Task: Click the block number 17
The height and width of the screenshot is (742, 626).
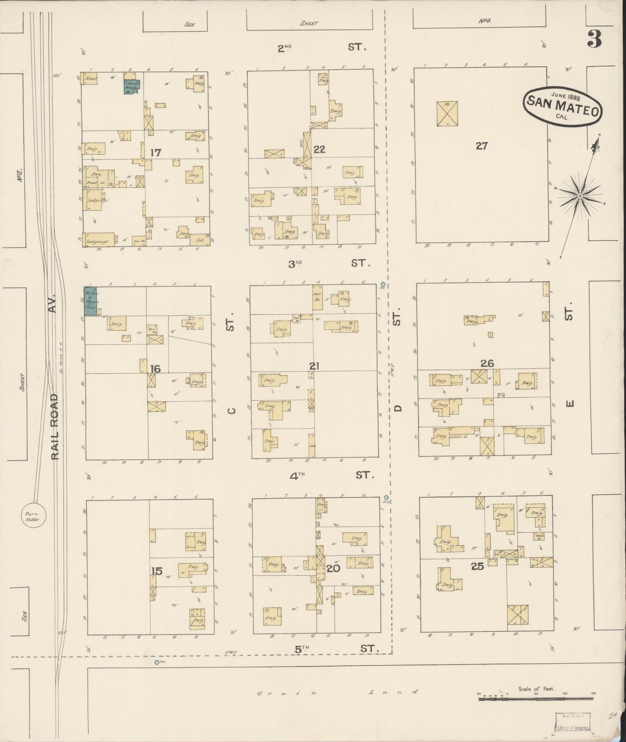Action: click(x=156, y=152)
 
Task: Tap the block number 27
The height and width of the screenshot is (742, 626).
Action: click(x=481, y=146)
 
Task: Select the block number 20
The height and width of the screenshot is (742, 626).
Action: click(x=333, y=568)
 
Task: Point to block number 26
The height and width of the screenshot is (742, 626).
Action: click(x=487, y=363)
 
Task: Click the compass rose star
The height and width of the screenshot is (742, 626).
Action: click(x=580, y=197)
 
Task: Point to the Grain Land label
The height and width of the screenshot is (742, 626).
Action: click(x=337, y=692)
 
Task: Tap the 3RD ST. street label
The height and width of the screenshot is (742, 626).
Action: click(x=329, y=263)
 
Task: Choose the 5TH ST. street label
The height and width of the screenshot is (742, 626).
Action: click(x=336, y=648)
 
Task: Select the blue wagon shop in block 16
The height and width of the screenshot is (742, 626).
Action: click(x=91, y=301)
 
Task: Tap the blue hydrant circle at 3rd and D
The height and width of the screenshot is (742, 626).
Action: click(x=383, y=285)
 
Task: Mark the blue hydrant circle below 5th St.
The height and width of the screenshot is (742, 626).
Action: click(x=157, y=662)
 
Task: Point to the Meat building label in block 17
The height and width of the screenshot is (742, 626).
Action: click(x=91, y=78)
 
